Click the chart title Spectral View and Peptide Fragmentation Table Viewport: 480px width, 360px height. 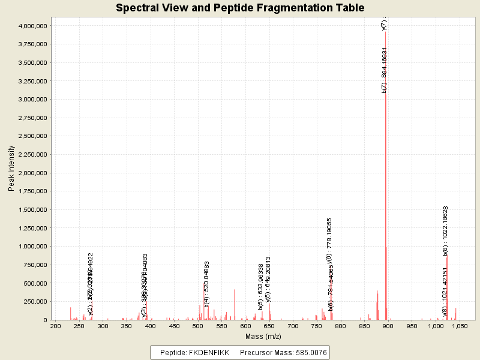point(240,8)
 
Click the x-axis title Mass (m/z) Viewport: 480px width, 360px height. point(263,336)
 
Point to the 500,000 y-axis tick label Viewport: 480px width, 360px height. point(34,283)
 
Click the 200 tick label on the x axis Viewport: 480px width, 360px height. point(55,326)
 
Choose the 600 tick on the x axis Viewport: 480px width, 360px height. point(245,326)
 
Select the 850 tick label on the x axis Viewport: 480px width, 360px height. point(364,326)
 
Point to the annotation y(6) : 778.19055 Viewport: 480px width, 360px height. point(329,241)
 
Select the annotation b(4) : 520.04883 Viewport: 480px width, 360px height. point(207,284)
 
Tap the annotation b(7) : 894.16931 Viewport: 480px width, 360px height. point(385,70)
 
